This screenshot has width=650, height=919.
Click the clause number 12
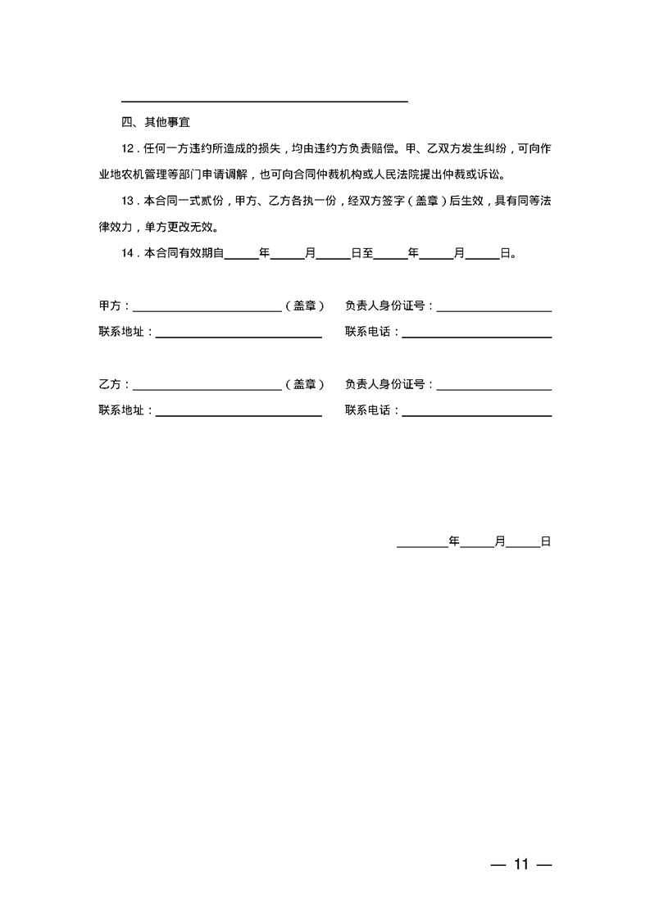point(127,148)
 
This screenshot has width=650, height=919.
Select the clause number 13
point(127,201)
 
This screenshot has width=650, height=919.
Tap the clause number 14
point(127,253)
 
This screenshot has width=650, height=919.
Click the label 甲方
point(110,306)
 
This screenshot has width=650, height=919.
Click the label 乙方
point(110,384)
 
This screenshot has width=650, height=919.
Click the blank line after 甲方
point(207,309)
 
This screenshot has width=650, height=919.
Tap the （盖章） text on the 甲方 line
point(305,306)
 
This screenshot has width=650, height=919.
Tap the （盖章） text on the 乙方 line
point(305,384)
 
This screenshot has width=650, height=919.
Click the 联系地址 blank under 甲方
point(239,335)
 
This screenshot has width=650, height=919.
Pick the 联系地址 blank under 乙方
point(239,414)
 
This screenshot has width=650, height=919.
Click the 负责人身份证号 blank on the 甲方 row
point(494,309)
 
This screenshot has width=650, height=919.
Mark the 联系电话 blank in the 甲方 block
point(476,335)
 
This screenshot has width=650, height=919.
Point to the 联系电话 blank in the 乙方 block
point(476,414)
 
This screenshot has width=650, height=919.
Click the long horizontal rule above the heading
point(264,102)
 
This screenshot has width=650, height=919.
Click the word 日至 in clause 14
point(362,253)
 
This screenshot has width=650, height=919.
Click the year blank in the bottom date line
point(422,544)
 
